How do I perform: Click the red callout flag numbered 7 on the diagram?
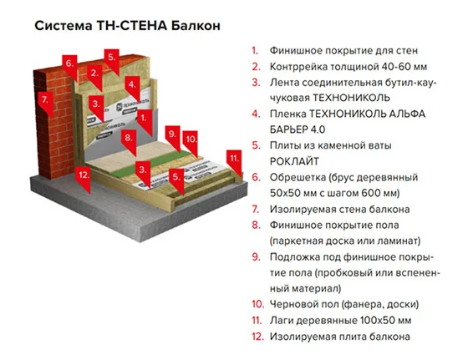click(46, 103)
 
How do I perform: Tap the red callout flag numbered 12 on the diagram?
click(83, 179)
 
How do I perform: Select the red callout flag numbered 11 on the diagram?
click(234, 163)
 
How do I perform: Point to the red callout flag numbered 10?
click(191, 143)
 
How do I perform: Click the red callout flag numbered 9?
click(173, 138)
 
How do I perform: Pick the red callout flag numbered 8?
click(129, 142)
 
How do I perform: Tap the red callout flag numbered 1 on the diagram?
click(145, 122)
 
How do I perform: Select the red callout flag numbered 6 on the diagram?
click(69, 67)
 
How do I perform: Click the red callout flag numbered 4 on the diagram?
click(132, 88)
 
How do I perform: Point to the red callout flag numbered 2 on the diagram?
click(94, 77)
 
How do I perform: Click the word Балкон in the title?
click(196, 26)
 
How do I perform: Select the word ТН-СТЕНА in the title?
click(132, 26)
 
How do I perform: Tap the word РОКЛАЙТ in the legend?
click(294, 161)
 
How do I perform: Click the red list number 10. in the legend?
click(258, 304)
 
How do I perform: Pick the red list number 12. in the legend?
click(258, 337)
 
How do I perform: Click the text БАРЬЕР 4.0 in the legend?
click(298, 129)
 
